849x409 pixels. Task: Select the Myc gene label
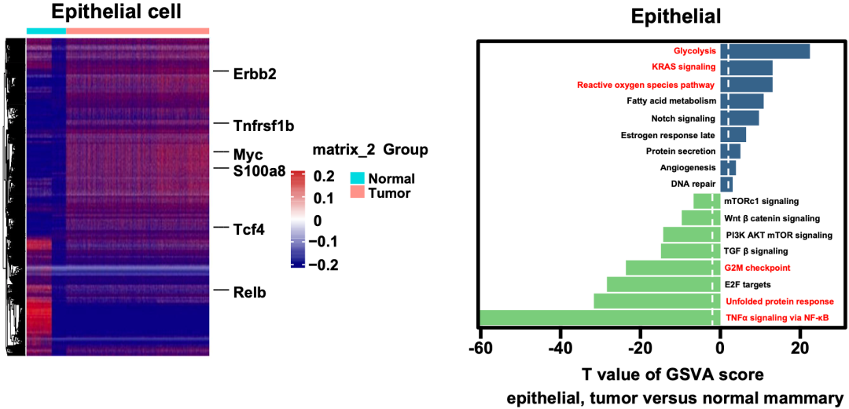(248, 153)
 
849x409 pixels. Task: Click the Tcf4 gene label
(249, 230)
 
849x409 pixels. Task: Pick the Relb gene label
(250, 294)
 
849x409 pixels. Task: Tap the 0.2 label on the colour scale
(325, 177)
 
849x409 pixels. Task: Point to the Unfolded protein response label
(779, 301)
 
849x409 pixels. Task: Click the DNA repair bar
(726, 184)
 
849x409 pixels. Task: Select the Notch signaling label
(683, 119)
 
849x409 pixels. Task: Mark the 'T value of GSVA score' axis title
(672, 373)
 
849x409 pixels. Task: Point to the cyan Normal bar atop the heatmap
(46, 31)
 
